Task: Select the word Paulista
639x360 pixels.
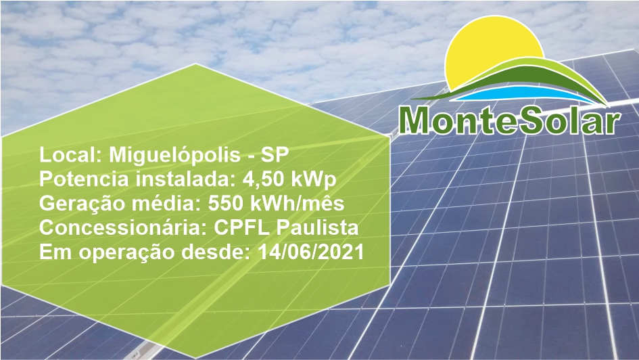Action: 317,228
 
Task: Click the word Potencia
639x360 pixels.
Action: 84,179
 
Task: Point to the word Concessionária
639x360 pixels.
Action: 124,228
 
